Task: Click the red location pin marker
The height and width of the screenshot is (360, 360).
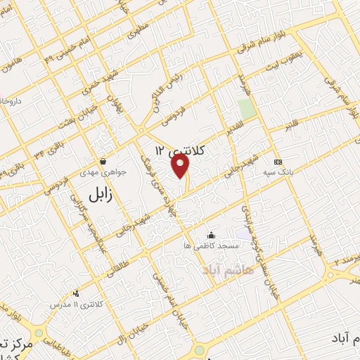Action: pos(181,166)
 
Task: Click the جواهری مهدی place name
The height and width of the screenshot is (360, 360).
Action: pos(110,172)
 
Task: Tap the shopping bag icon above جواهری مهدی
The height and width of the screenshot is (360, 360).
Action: pos(103,161)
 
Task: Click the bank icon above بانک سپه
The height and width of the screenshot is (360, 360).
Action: pos(278,161)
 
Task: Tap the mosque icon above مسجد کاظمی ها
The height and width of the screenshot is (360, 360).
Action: pos(211,235)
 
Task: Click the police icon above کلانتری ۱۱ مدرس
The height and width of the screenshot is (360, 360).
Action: pos(76,293)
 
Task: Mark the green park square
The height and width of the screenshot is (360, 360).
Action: pos(246,110)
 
